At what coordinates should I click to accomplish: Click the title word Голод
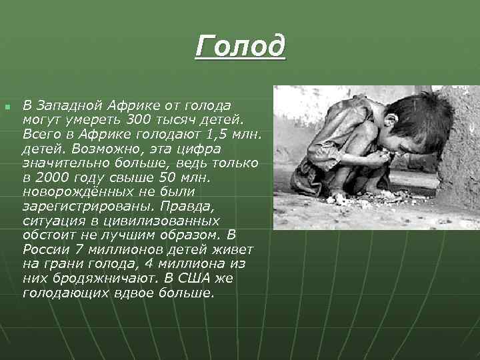[241, 47]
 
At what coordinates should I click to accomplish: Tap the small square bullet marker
[7, 107]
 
